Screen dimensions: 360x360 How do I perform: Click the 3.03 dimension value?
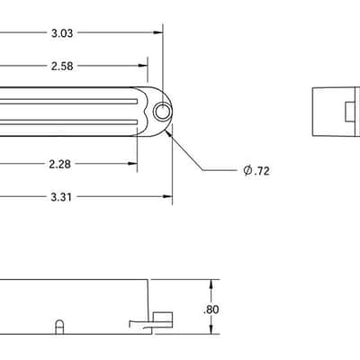(x=62, y=33)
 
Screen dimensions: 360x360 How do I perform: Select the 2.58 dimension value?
(x=62, y=66)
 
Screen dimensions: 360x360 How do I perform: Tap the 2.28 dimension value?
(x=60, y=164)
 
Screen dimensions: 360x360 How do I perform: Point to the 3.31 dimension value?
(x=61, y=197)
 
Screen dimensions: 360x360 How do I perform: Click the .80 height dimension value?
(x=211, y=310)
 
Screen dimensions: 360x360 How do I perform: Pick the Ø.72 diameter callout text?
(x=256, y=171)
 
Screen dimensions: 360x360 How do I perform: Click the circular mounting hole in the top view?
(x=163, y=112)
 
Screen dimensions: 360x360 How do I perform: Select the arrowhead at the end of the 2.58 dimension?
(x=143, y=66)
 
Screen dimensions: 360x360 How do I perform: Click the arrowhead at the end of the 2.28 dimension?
(x=132, y=164)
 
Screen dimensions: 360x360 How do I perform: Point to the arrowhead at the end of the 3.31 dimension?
(x=167, y=196)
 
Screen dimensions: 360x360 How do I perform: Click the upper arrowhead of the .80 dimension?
(x=211, y=284)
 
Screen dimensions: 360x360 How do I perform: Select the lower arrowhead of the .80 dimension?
(x=211, y=329)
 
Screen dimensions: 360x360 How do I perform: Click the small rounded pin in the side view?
(x=59, y=327)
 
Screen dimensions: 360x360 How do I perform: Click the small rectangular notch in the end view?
(x=350, y=112)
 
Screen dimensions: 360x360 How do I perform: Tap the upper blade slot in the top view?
(x=68, y=102)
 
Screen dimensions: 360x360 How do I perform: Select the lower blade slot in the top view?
(x=68, y=122)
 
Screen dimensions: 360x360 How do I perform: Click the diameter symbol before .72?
(x=247, y=171)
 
